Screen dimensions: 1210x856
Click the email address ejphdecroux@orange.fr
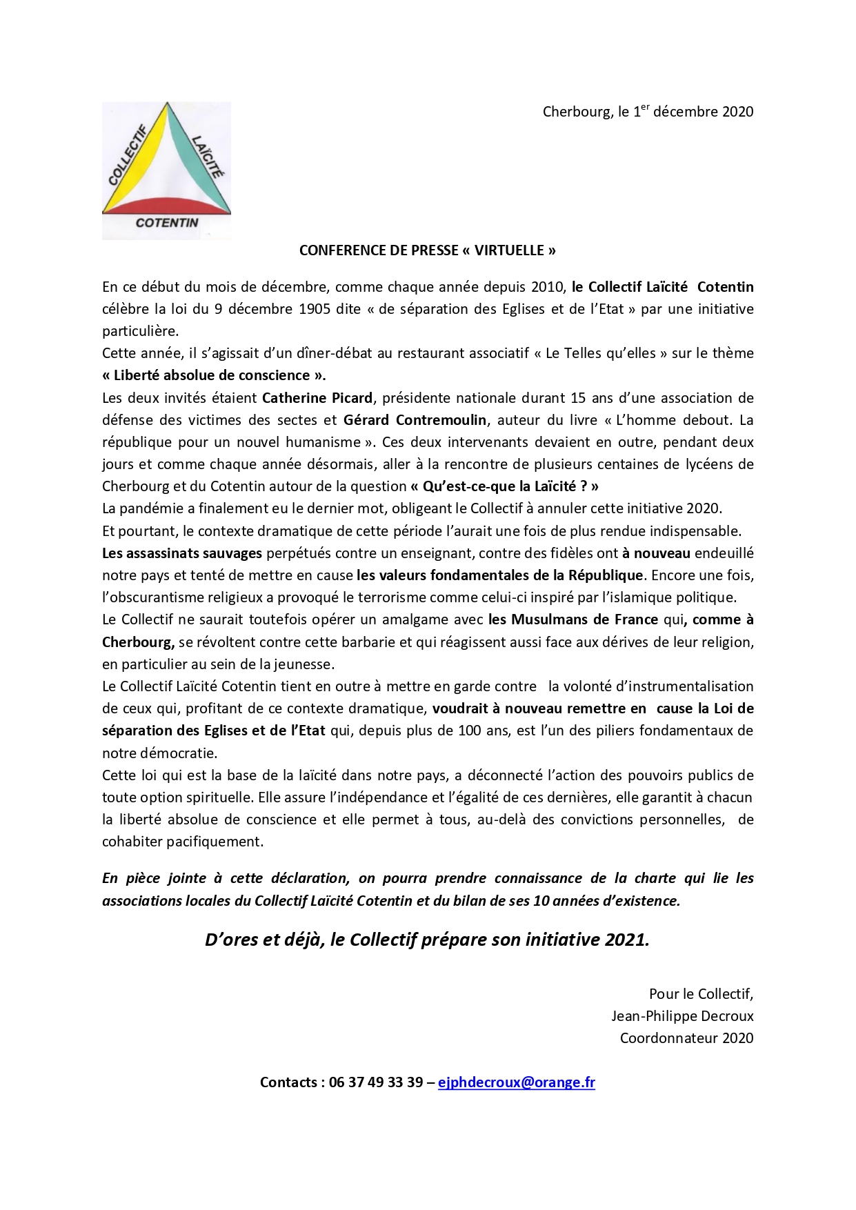516,1082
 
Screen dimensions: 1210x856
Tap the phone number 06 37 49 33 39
376,1082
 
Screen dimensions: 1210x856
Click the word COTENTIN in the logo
167,223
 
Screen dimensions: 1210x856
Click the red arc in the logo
166,204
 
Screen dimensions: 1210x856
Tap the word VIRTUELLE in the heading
509,250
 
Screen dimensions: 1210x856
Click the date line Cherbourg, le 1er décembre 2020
648,111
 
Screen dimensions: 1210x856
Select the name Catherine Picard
317,397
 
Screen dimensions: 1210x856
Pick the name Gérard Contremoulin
415,419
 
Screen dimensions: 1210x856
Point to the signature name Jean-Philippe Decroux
682,1015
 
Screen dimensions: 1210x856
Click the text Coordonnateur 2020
686,1038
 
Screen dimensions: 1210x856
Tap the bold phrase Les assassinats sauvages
182,553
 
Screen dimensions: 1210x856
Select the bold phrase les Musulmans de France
573,619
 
